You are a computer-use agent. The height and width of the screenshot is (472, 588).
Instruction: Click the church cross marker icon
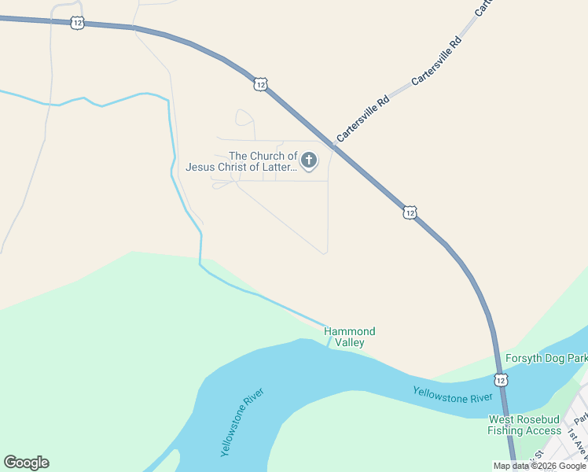[x=309, y=161]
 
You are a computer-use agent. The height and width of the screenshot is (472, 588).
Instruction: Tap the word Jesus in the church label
[x=200, y=167]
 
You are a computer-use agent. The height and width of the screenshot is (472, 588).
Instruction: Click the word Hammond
[x=350, y=331]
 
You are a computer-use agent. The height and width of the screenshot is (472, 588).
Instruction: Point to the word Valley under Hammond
[x=350, y=342]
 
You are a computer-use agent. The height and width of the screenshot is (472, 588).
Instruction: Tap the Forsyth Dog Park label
[x=546, y=359]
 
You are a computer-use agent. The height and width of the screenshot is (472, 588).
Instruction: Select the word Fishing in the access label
[x=506, y=430]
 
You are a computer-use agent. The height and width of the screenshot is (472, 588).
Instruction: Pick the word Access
[x=544, y=430]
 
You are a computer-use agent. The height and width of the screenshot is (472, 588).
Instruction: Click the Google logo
[x=26, y=463]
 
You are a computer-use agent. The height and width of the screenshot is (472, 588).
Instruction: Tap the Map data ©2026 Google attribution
[x=539, y=466]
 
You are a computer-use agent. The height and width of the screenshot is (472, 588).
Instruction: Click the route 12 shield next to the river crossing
[x=502, y=380]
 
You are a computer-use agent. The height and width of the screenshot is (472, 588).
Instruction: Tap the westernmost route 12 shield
[x=76, y=23]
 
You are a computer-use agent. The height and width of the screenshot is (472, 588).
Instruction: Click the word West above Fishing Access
[x=503, y=419]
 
